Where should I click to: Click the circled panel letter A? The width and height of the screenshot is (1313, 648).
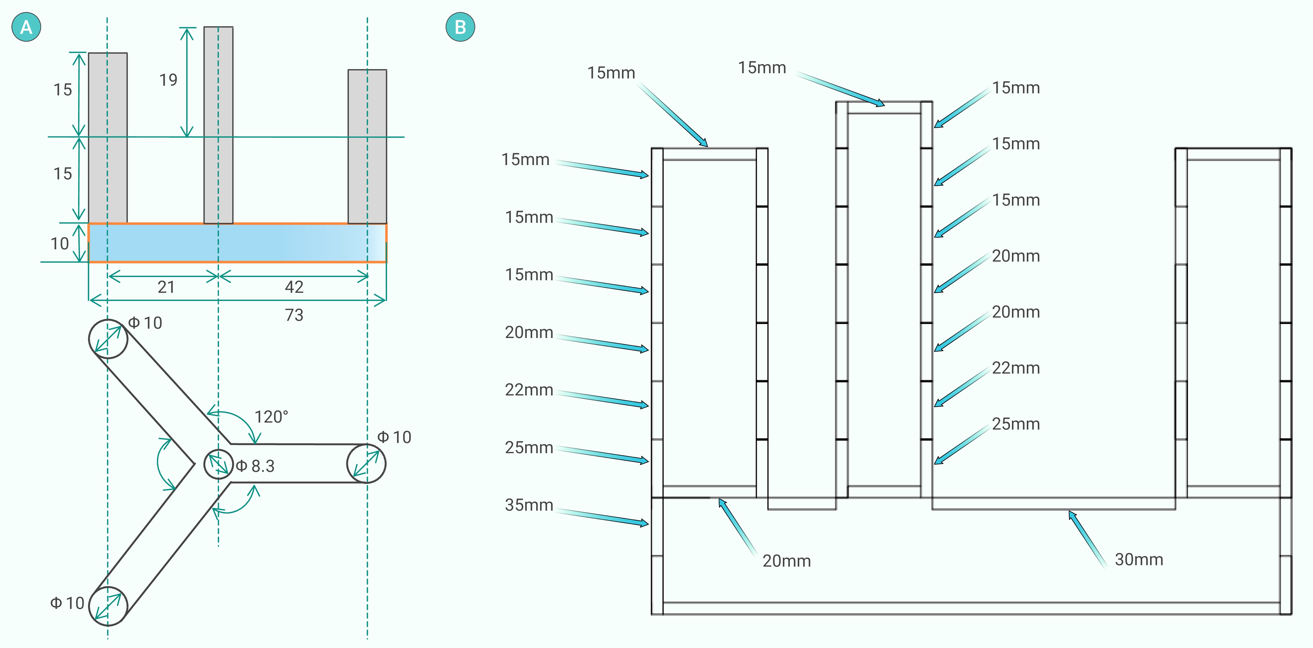tap(26, 27)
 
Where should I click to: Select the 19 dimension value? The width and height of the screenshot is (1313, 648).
tap(168, 80)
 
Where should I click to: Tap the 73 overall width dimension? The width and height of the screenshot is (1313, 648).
tap(294, 315)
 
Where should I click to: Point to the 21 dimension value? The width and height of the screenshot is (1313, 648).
tap(166, 287)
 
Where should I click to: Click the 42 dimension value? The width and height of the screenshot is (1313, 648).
tap(294, 287)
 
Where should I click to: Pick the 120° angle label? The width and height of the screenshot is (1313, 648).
tap(271, 417)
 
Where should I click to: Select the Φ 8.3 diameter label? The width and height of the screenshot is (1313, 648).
tap(255, 466)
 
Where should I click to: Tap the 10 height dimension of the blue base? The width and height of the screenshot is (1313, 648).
tap(60, 244)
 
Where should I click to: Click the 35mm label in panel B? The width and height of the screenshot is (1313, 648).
tap(529, 505)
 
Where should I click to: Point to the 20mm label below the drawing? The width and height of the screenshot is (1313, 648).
tap(786, 561)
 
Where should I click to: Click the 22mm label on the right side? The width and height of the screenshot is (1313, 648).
tap(1015, 367)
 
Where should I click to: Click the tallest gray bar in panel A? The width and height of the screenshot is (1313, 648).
tap(218, 125)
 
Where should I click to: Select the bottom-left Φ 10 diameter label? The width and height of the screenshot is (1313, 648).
tap(67, 603)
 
